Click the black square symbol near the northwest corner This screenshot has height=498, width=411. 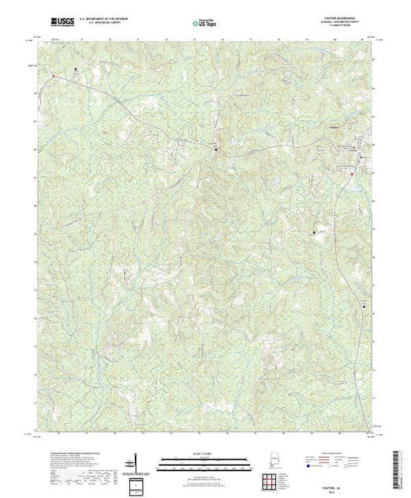76,70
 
